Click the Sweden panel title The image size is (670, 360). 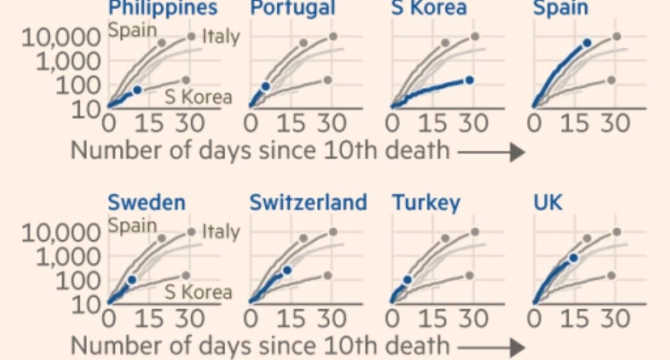click(146, 202)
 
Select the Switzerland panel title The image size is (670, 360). click(308, 202)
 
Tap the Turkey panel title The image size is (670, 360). click(426, 202)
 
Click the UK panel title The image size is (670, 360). click(548, 202)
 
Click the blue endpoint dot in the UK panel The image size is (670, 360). click(574, 258)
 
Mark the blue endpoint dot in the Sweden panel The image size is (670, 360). click(131, 280)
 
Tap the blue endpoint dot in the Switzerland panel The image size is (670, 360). click(287, 270)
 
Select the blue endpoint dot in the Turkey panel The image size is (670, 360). click(407, 280)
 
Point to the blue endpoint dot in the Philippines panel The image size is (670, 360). click(137, 90)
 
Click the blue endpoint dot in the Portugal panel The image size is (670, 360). click(266, 86)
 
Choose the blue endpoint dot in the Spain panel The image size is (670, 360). click(587, 43)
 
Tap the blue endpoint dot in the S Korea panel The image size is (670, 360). click(470, 80)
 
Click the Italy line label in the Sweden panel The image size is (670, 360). click(221, 232)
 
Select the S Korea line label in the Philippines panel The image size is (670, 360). click(199, 97)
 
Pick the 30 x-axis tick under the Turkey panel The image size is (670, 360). click(473, 318)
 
